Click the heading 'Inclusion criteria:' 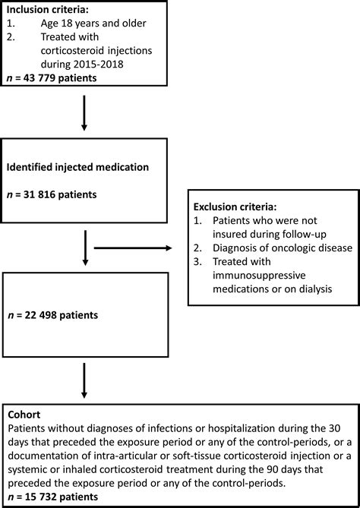[48, 9]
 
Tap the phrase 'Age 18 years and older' [93, 24]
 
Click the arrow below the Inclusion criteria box [84, 113]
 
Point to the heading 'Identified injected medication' [77, 167]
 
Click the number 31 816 [39, 194]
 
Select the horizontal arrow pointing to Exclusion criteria [133, 248]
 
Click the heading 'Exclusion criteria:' [235, 207]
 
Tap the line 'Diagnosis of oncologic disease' [283, 248]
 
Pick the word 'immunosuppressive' [259, 276]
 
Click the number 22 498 [40, 315]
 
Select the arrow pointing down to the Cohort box [84, 380]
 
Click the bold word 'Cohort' [24, 415]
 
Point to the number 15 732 [40, 497]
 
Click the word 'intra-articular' [117, 456]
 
